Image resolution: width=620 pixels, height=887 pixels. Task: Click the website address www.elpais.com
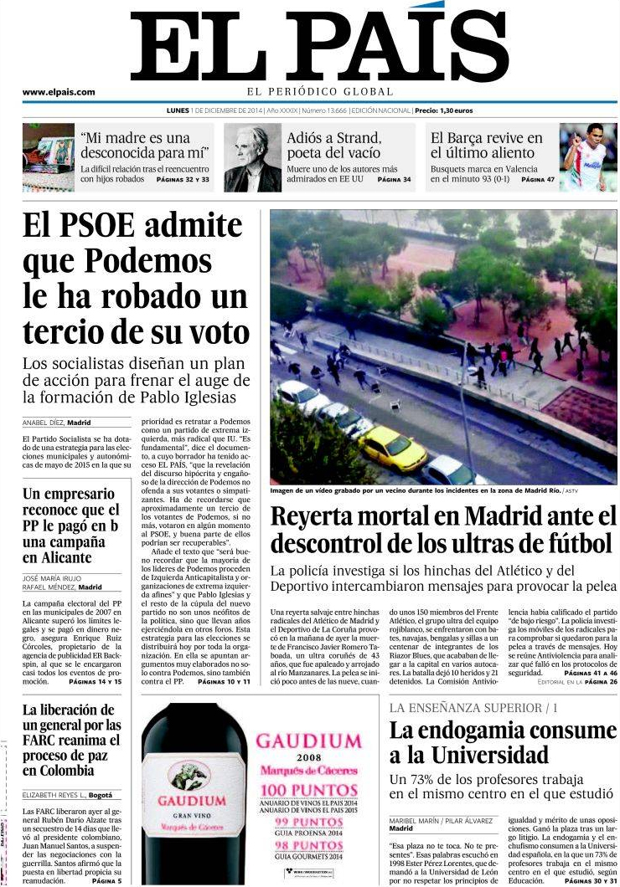[58, 92]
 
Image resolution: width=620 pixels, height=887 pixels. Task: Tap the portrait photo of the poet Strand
[252, 158]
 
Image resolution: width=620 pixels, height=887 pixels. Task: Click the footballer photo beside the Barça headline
[588, 157]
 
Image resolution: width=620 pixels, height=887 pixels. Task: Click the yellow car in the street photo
[392, 447]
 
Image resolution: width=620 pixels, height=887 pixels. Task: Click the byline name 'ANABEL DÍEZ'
[44, 423]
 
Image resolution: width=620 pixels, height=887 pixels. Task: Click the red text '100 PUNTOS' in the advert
[308, 790]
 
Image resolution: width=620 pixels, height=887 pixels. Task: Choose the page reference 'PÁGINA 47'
[538, 179]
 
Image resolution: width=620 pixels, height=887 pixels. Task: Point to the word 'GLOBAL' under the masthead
[371, 91]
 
